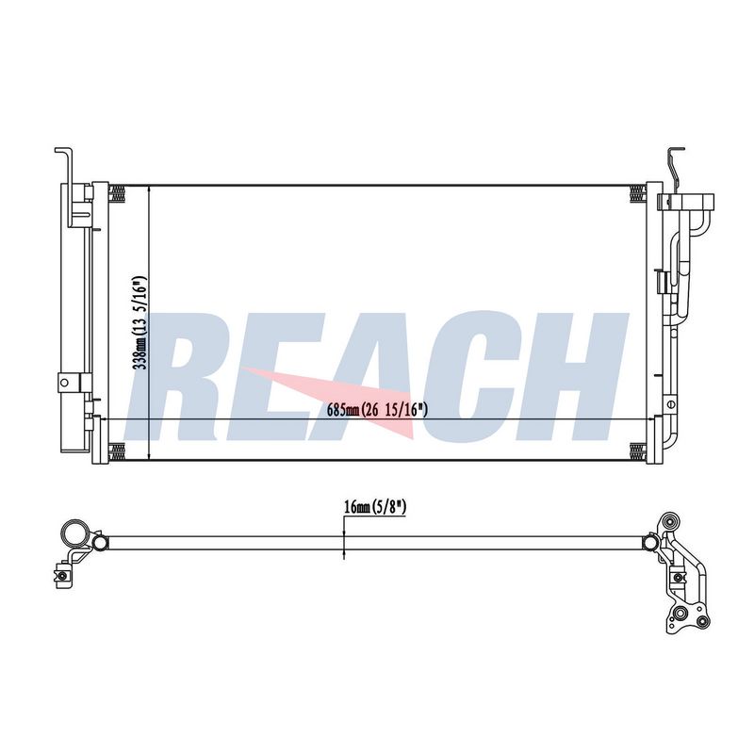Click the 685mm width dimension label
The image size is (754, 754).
click(x=377, y=410)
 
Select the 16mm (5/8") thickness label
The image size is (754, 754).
click(x=375, y=506)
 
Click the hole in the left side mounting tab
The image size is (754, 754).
click(x=64, y=383)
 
